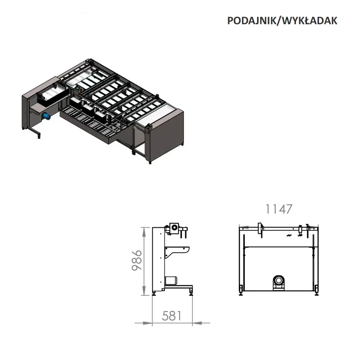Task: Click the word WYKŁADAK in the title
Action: (309, 21)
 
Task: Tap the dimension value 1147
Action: (279, 209)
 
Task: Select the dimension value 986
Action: (137, 260)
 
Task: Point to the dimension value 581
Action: (172, 316)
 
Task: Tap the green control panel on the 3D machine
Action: (79, 88)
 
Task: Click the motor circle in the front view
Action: (279, 280)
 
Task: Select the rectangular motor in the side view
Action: (171, 280)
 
